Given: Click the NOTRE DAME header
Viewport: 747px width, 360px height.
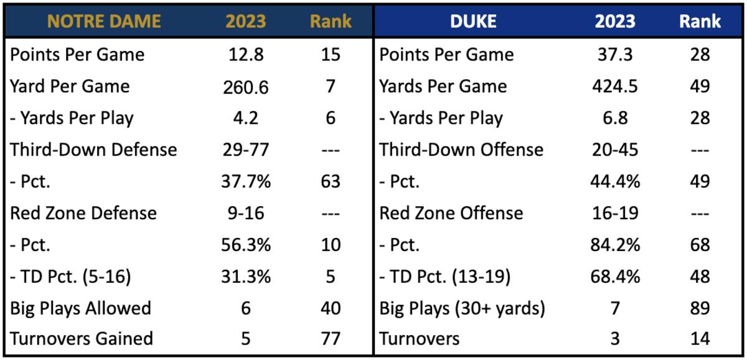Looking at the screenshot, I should click(x=104, y=21).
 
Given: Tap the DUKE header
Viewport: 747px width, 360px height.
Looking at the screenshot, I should click(x=473, y=21).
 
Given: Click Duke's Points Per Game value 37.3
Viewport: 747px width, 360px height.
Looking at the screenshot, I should click(x=614, y=55).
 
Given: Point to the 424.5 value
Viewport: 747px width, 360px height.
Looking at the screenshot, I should click(x=614, y=87).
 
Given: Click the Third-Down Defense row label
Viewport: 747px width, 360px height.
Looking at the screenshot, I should click(x=93, y=149).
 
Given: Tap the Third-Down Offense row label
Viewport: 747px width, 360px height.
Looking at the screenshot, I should click(x=461, y=149).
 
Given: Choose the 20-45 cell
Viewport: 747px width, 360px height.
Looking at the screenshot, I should click(x=614, y=150).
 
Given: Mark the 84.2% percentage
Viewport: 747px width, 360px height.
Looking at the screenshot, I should click(x=614, y=245).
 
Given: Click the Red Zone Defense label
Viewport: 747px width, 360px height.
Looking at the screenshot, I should click(x=83, y=213).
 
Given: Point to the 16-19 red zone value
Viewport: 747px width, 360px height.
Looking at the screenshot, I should click(x=614, y=213).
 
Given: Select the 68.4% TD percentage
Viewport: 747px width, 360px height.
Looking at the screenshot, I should click(x=614, y=277).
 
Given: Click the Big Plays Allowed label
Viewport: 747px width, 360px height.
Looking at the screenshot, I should click(x=80, y=308).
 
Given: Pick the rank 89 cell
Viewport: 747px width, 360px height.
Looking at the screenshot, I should click(x=700, y=308).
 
